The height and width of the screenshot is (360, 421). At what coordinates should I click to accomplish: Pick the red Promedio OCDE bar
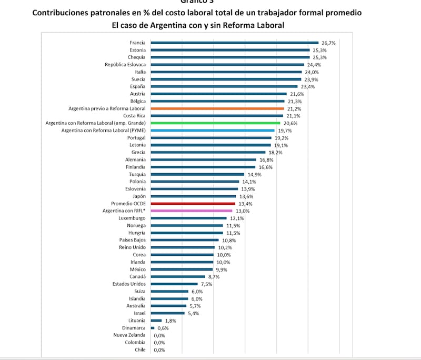pyautogui.click(x=193, y=203)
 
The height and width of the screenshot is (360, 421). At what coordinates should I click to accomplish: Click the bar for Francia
pyautogui.click(x=234, y=43)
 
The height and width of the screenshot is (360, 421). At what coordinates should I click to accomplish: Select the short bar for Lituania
pyautogui.click(x=156, y=321)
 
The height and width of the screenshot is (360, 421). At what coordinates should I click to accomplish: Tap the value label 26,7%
pyautogui.click(x=328, y=43)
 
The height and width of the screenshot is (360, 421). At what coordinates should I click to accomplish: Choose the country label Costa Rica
pyautogui.click(x=135, y=116)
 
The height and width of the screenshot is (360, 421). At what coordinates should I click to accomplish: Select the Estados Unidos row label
pyautogui.click(x=129, y=284)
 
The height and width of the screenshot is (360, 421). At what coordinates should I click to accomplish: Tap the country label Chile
pyautogui.click(x=140, y=349)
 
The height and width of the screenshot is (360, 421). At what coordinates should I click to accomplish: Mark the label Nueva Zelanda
pyautogui.click(x=130, y=335)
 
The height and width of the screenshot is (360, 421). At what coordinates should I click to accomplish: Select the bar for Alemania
pyautogui.click(x=203, y=159)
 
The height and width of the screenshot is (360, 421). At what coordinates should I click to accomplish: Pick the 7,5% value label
pyautogui.click(x=206, y=284)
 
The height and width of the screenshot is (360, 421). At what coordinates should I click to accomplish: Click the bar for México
pyautogui.click(x=182, y=269)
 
